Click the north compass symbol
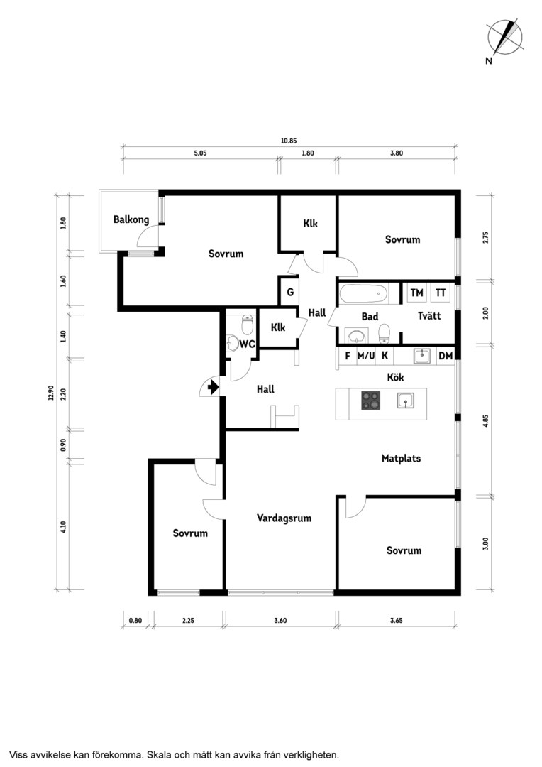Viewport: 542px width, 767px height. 504,38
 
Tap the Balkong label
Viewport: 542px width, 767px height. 131,219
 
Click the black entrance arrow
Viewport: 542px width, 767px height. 213,388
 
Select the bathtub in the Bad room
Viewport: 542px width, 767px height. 363,294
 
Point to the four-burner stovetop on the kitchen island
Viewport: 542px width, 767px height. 372,400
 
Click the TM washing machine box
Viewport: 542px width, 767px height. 416,293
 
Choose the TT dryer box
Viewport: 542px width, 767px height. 441,293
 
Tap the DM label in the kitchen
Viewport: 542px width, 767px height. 446,356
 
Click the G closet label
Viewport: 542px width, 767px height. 290,292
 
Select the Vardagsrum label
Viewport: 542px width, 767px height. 284,518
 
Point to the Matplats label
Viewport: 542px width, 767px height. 401,458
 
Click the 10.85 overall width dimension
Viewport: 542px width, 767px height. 288,141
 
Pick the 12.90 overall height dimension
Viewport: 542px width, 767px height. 50,393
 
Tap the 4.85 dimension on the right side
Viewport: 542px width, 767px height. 485,421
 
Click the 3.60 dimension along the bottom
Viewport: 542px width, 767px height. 280,620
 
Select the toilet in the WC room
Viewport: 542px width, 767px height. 248,325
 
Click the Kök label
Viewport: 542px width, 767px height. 395,377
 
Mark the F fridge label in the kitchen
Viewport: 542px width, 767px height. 348,356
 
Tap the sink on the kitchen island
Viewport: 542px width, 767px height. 406,401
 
